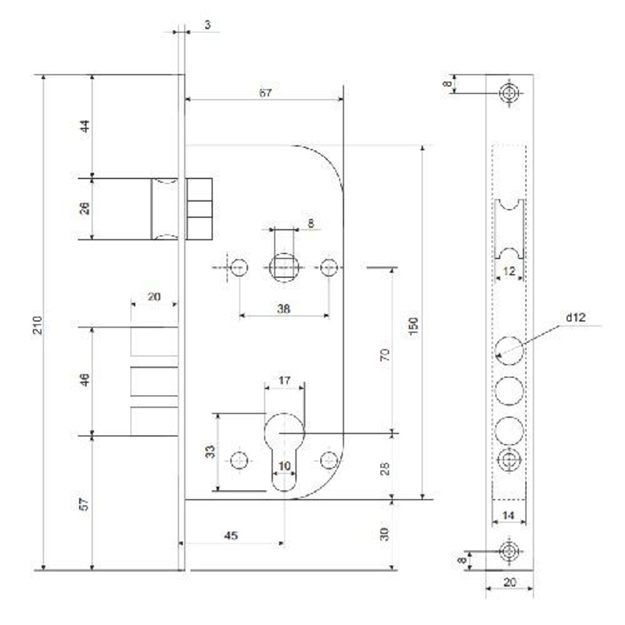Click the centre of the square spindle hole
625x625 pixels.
(284, 267)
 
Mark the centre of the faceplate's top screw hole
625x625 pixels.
(510, 94)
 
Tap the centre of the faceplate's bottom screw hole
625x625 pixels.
(510, 551)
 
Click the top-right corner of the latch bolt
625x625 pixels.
(212, 178)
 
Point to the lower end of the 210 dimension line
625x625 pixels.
(44, 570)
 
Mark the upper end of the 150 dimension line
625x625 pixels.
(422, 146)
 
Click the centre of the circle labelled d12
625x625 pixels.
(509, 351)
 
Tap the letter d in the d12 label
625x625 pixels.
(569, 317)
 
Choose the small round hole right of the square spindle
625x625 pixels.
(329, 267)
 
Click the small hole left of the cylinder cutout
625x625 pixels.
(239, 461)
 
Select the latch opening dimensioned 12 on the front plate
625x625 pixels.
(509, 229)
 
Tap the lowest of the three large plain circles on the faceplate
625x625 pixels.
(509, 431)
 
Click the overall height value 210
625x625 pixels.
(37, 325)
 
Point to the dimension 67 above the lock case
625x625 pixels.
(266, 93)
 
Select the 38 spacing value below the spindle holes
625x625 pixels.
(283, 309)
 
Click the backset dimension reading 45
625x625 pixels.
(231, 536)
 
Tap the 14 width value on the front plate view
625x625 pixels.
(508, 516)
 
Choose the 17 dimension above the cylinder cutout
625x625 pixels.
(284, 381)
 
